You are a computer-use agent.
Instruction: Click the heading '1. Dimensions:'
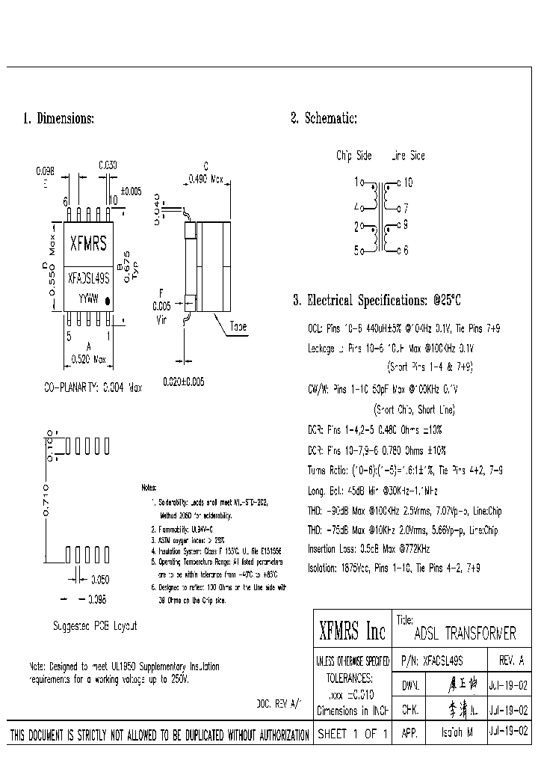(x=58, y=119)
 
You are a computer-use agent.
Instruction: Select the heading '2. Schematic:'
(x=324, y=118)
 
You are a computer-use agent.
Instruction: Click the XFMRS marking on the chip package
(x=87, y=243)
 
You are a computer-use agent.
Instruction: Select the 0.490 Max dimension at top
(x=205, y=179)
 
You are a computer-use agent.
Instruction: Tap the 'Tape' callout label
(x=239, y=327)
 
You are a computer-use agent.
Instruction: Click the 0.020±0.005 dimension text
(x=184, y=381)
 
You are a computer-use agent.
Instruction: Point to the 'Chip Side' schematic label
(x=353, y=156)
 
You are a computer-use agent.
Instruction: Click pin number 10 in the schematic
(x=407, y=182)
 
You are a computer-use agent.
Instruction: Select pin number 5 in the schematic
(x=356, y=251)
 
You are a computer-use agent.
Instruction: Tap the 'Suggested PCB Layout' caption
(x=95, y=625)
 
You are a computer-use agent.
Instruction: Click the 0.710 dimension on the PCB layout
(x=46, y=500)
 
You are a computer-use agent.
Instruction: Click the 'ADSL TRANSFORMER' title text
(x=465, y=634)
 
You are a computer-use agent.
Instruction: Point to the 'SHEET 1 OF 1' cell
(x=352, y=735)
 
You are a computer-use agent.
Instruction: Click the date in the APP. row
(x=508, y=734)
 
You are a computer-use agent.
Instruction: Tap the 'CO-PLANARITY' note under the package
(x=93, y=389)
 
